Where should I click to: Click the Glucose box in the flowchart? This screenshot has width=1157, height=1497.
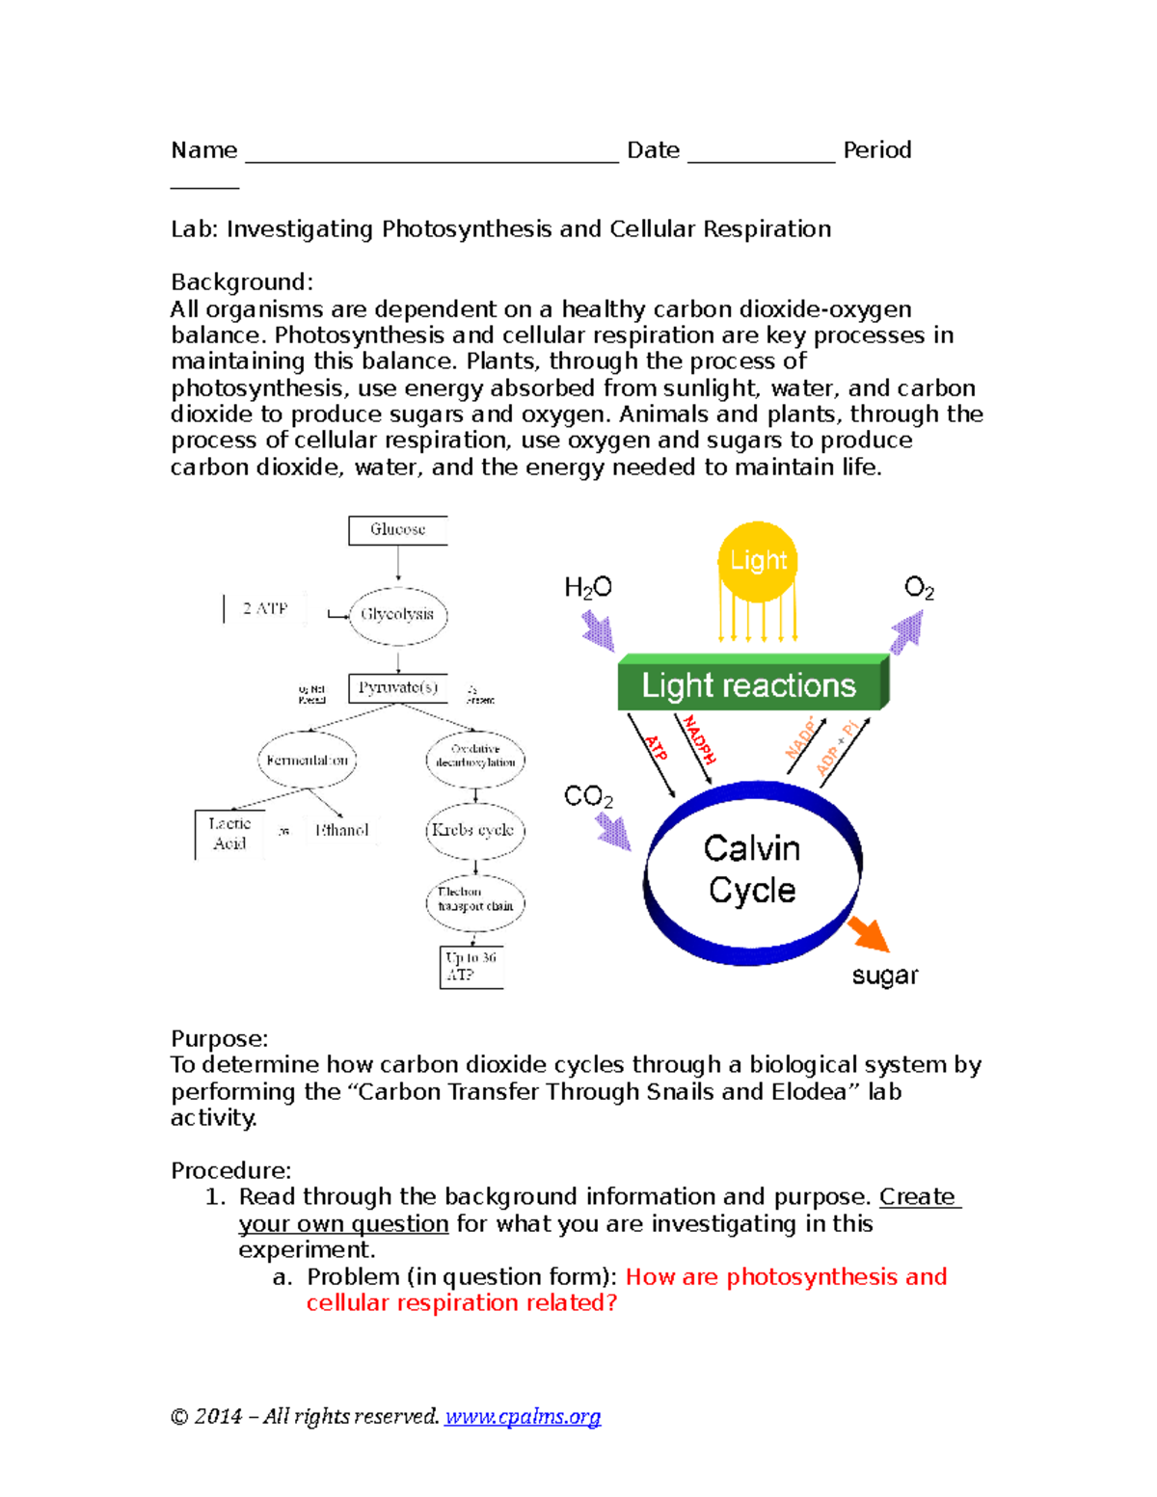(397, 530)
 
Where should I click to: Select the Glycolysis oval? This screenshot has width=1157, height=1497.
(397, 615)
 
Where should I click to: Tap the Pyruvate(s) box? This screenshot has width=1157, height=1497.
(397, 688)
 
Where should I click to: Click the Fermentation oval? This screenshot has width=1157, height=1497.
(308, 761)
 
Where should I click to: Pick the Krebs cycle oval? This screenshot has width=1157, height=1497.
(474, 830)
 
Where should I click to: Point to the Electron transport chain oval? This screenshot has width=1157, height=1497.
(474, 899)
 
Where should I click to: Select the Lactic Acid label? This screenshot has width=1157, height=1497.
(229, 834)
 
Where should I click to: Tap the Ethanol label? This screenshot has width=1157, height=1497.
(342, 830)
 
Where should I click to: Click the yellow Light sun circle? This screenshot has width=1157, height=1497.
(758, 561)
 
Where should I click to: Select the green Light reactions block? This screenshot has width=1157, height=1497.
(749, 685)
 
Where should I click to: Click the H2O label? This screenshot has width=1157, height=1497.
(588, 588)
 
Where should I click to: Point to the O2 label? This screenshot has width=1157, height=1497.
(918, 588)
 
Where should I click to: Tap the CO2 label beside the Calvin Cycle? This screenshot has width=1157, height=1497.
(588, 797)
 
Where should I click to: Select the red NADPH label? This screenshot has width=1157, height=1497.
(699, 740)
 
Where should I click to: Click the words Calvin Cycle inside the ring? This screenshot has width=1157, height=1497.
(752, 869)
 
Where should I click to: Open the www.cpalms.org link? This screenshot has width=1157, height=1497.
(523, 1416)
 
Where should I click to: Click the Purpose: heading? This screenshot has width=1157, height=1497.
(219, 1039)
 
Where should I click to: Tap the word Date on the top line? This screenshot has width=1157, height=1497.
(653, 150)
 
